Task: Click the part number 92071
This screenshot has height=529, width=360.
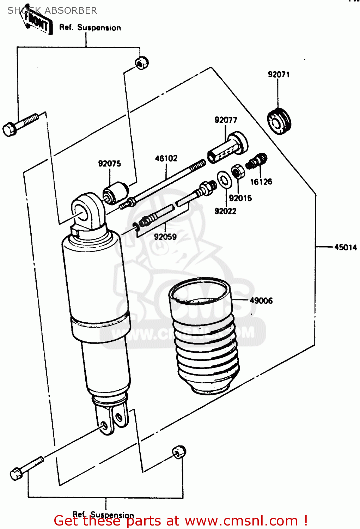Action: click(279, 74)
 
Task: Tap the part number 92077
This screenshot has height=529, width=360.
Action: click(226, 120)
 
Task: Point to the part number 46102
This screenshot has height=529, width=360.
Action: click(166, 158)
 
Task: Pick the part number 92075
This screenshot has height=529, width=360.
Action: click(109, 164)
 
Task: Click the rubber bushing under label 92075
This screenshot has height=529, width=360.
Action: click(116, 193)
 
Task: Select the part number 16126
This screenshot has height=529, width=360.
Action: click(261, 182)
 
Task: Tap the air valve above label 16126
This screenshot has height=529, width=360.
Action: click(257, 161)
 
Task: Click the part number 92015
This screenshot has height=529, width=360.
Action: click(240, 198)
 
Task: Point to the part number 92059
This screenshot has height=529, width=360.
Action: click(165, 237)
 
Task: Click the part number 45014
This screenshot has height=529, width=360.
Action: click(346, 247)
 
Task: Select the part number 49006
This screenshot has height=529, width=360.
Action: click(261, 300)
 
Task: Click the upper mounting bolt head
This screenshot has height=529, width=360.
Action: click(9, 129)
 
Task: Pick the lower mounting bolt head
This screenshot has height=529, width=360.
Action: click(16, 474)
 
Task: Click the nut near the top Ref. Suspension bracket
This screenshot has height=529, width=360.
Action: click(142, 63)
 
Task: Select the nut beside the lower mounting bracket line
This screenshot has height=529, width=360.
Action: click(179, 452)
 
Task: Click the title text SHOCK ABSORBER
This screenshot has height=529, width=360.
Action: click(52, 11)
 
